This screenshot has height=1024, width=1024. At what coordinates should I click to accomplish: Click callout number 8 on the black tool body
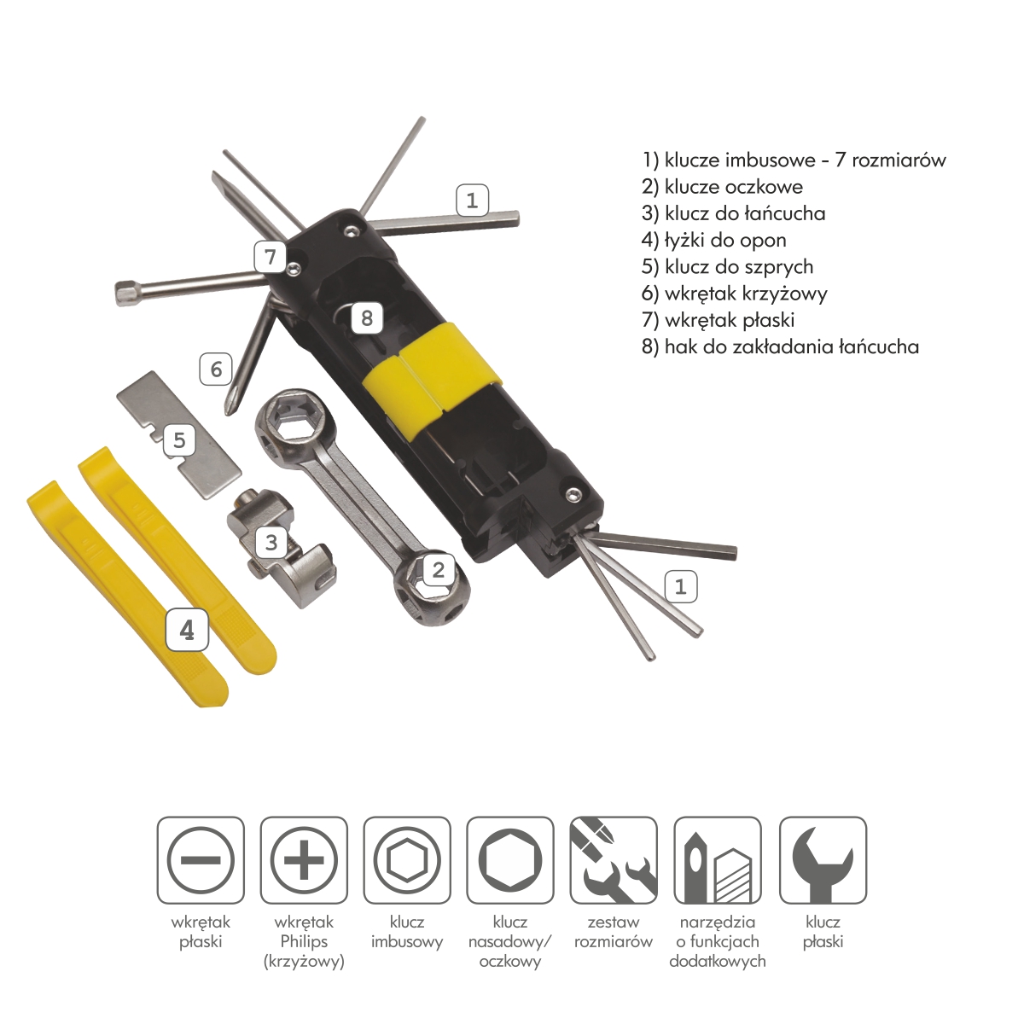[x=367, y=318]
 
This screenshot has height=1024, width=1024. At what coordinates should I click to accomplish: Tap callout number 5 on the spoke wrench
[x=179, y=440]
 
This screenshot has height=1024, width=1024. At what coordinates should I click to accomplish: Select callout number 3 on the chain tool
[x=271, y=542]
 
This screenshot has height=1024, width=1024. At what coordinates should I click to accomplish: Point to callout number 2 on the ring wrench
[x=439, y=569]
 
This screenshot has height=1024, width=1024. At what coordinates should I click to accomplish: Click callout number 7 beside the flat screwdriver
[x=271, y=256]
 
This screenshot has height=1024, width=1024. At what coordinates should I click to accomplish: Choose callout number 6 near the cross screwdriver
[x=216, y=369]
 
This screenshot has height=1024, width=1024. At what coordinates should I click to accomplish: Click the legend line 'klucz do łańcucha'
[x=734, y=213]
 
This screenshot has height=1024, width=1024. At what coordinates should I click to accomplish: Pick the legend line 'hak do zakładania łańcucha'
[x=780, y=346]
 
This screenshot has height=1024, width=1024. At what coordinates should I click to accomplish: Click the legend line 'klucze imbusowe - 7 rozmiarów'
[x=794, y=160]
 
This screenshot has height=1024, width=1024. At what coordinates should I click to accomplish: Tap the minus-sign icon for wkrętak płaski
[x=201, y=860]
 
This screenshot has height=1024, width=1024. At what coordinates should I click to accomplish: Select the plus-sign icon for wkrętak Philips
[x=304, y=860]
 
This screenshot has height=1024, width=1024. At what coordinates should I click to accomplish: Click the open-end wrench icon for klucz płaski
[x=823, y=860]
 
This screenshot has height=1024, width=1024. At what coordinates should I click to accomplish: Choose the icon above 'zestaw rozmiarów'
[x=614, y=860]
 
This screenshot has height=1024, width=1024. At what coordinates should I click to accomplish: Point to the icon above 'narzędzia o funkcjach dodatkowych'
[x=718, y=860]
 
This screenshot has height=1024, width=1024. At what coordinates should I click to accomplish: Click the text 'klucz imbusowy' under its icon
[x=407, y=932]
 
